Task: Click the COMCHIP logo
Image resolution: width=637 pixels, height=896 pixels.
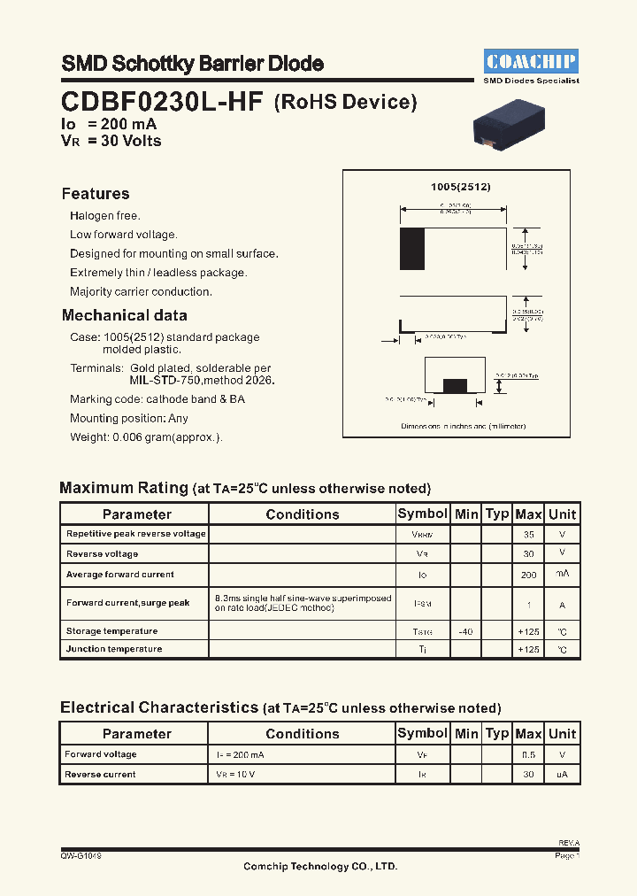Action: [x=531, y=61]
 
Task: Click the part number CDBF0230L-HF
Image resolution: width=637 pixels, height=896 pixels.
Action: [x=162, y=102]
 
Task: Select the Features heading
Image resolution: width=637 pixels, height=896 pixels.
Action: [x=96, y=194]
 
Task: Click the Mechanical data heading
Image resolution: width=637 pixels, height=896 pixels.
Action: [x=124, y=315]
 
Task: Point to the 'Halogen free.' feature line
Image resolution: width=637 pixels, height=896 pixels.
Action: [x=105, y=216]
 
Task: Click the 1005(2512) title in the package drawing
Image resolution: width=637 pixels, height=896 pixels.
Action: [x=460, y=188]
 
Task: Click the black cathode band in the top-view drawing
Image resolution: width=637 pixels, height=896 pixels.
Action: [x=412, y=249]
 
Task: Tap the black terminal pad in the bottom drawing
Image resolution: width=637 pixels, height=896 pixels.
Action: [x=455, y=385]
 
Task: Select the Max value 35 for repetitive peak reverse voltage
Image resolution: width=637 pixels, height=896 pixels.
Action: [x=528, y=535]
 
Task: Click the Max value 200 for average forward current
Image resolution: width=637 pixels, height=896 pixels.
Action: [x=528, y=575]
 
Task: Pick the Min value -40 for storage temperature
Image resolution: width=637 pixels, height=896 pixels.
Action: [x=465, y=631]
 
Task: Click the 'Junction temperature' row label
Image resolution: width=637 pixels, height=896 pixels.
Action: [x=114, y=649]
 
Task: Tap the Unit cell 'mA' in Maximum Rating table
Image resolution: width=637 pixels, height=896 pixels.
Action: [x=562, y=575]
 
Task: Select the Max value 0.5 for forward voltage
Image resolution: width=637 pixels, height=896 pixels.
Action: [x=528, y=754]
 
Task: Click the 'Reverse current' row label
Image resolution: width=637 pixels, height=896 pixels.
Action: [x=100, y=775]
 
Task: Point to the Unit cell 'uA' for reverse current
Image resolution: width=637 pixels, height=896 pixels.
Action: [x=562, y=775]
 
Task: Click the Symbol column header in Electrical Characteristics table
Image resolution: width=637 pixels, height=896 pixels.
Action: [x=422, y=733]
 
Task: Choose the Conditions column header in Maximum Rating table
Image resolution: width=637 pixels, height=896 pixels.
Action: [x=302, y=514]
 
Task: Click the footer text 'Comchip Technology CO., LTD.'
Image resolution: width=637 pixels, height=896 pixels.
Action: [x=320, y=867]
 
